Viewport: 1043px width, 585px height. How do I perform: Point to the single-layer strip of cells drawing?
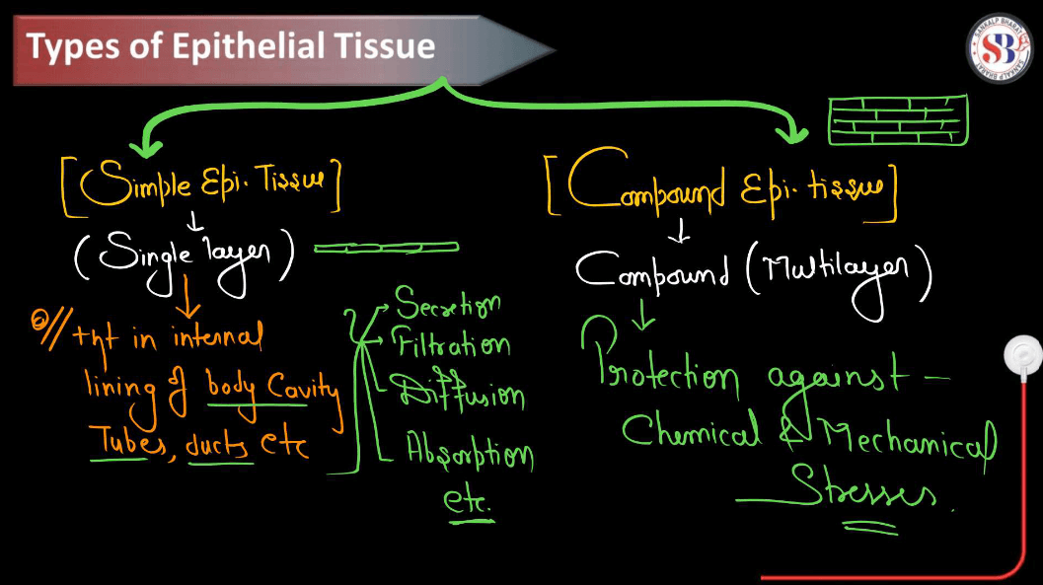[x=387, y=248]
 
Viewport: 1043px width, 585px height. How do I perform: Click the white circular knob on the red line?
[x=1021, y=356]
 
